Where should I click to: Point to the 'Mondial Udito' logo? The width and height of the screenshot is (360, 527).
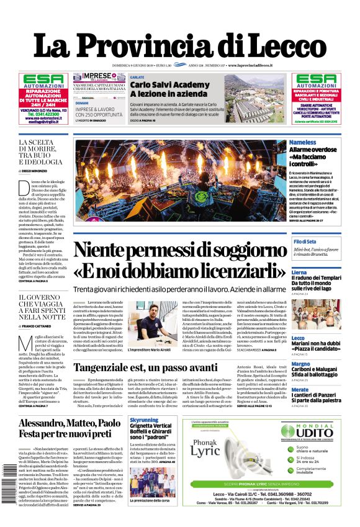308,431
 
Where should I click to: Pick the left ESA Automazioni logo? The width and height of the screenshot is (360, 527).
43,81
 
